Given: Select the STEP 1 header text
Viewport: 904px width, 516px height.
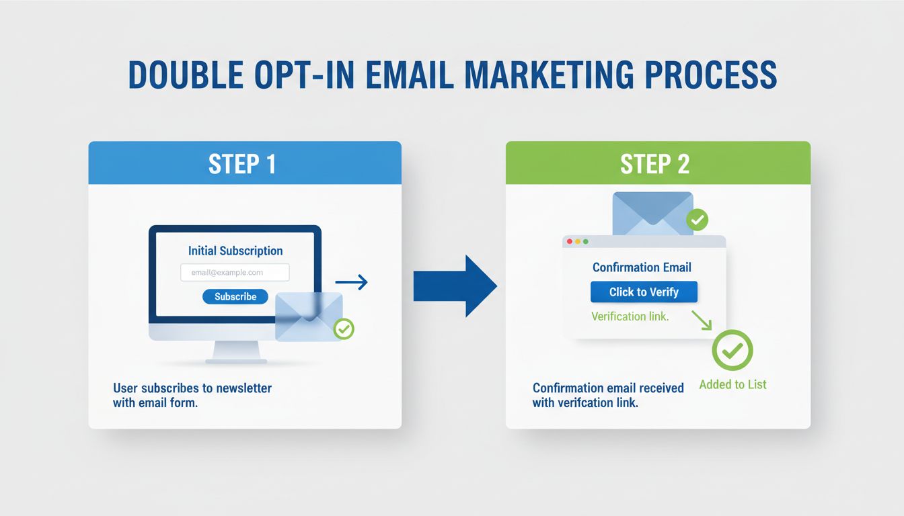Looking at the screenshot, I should pyautogui.click(x=242, y=164).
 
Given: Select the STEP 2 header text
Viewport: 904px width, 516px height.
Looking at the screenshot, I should pyautogui.click(x=654, y=164).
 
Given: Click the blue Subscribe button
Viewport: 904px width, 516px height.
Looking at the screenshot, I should pyautogui.click(x=235, y=296).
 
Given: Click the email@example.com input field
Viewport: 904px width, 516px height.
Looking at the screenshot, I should pyautogui.click(x=235, y=272).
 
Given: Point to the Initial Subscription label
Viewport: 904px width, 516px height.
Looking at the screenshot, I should pyautogui.click(x=235, y=251).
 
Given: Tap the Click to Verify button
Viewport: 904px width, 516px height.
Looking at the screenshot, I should pyautogui.click(x=644, y=292).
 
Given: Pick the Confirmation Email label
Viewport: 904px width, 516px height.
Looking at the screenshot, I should pyautogui.click(x=642, y=267).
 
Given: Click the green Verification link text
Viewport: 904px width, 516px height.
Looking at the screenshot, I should pyautogui.click(x=630, y=316).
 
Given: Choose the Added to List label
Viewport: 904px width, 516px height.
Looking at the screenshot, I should pyautogui.click(x=732, y=385).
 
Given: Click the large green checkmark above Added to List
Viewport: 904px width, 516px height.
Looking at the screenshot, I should pyautogui.click(x=732, y=350).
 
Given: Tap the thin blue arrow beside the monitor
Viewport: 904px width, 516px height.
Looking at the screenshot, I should pyautogui.click(x=351, y=282).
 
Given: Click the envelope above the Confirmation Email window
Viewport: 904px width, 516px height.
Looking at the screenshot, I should pyautogui.click(x=652, y=213).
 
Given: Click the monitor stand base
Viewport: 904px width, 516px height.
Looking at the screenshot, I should pyautogui.click(x=236, y=360).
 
